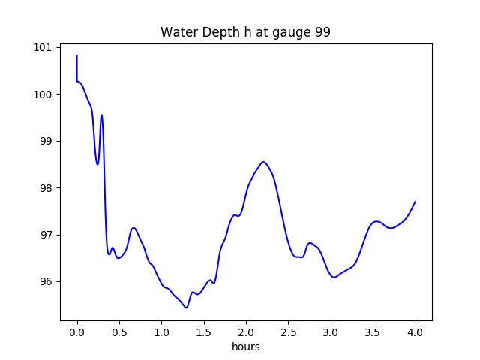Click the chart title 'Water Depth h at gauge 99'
click(x=245, y=33)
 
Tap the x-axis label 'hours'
click(x=246, y=347)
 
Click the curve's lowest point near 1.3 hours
click(x=187, y=307)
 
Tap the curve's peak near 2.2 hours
click(x=263, y=161)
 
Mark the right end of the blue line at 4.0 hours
click(x=415, y=202)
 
